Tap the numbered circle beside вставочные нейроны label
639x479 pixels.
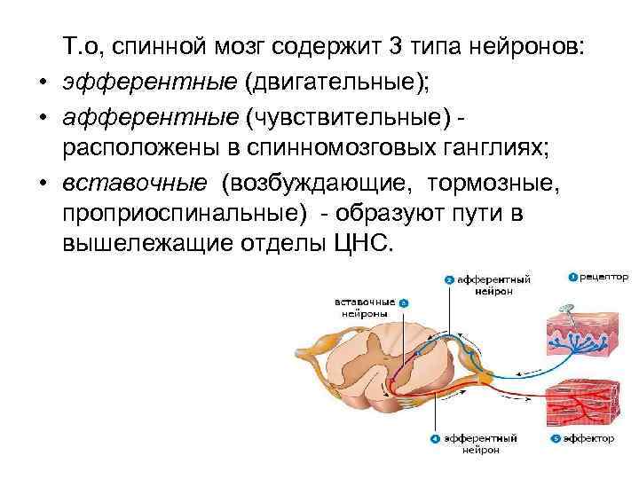click(404, 302)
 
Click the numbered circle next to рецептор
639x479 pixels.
click(572, 278)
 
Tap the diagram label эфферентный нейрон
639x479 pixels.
click(485, 444)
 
